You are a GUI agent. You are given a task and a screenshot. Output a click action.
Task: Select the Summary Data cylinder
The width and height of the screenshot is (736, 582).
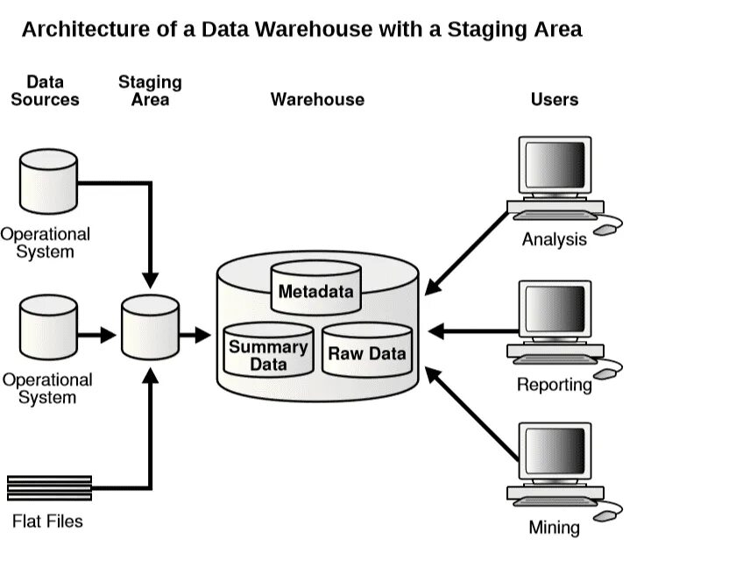point(269,351)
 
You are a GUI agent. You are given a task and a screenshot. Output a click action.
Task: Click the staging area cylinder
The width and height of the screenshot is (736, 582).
point(150,328)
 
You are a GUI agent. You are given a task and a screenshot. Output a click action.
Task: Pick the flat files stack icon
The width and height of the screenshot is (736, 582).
point(50,487)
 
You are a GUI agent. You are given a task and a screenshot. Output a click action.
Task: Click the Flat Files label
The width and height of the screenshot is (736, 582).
point(47,522)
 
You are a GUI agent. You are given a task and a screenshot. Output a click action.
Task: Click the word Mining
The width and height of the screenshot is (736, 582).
point(554,528)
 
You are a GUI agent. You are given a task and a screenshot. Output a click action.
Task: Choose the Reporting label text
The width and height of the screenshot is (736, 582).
point(554,384)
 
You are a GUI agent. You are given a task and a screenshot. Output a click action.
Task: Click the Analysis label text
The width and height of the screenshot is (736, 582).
point(554,239)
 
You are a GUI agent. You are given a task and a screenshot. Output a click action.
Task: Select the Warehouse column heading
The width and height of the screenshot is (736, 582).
point(317,99)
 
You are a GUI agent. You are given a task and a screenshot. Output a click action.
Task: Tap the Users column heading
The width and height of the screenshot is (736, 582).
point(555,99)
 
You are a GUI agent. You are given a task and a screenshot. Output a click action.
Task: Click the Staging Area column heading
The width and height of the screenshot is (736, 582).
point(150,90)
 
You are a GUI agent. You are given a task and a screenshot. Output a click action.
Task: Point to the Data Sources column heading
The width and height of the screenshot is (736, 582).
point(45,90)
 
